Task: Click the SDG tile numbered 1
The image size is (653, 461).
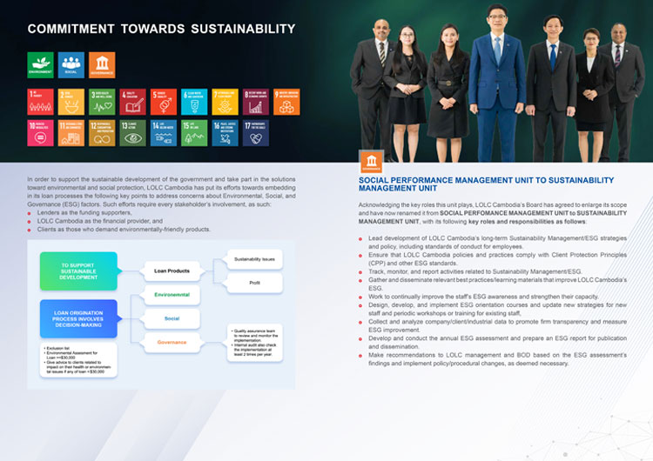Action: pyautogui.click(x=40, y=101)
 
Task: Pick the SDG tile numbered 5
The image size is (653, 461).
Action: pyautogui.click(x=163, y=101)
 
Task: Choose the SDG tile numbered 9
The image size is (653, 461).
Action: pyautogui.click(x=286, y=101)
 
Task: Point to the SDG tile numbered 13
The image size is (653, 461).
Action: pyautogui.click(x=132, y=132)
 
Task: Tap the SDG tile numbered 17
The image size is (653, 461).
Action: pyautogui.click(x=255, y=132)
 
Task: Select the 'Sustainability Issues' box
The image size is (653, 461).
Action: pyautogui.click(x=254, y=259)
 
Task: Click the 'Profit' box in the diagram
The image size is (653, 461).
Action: pyautogui.click(x=254, y=284)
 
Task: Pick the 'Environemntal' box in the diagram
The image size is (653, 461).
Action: pyautogui.click(x=172, y=296)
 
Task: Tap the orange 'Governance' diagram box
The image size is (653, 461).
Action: pyautogui.click(x=172, y=342)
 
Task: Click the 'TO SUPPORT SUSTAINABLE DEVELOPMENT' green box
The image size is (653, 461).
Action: pyautogui.click(x=77, y=271)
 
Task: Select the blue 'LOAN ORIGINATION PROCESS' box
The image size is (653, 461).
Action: pyautogui.click(x=77, y=318)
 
